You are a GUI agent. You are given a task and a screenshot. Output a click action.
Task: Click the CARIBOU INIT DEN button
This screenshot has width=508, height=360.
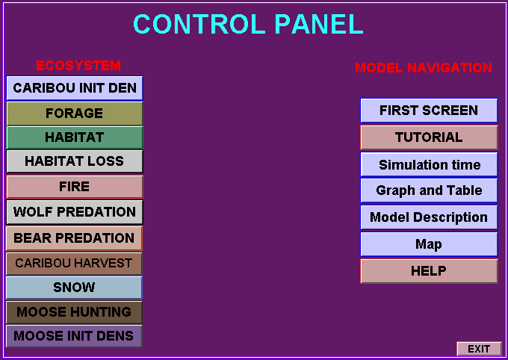tap(75, 88)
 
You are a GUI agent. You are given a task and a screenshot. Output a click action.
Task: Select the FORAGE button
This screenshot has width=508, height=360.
tap(75, 114)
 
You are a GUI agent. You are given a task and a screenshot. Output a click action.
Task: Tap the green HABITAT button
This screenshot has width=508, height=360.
tap(75, 137)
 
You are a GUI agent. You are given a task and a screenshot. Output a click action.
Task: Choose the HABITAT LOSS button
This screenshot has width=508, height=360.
tap(75, 161)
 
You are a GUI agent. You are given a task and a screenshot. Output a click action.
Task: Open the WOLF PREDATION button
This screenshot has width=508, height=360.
tap(75, 212)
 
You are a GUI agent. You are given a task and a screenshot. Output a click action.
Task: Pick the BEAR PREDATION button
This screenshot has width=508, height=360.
tap(74, 238)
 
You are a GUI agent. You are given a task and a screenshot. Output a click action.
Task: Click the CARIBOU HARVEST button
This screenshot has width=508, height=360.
tap(74, 264)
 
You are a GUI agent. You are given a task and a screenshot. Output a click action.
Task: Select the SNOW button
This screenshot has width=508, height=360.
tap(74, 288)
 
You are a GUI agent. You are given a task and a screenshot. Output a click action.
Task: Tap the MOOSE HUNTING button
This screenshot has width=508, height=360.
tap(74, 312)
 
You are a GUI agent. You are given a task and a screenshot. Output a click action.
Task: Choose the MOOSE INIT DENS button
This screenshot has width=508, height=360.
tap(74, 336)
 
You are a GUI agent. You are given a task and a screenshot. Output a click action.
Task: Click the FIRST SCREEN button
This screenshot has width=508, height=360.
tap(429, 111)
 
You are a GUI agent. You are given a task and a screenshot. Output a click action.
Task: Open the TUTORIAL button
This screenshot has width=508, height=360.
tap(429, 137)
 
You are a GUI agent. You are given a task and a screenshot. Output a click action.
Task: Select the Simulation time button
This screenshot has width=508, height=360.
tap(429, 164)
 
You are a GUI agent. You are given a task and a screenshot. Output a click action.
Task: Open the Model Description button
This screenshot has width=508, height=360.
tap(429, 217)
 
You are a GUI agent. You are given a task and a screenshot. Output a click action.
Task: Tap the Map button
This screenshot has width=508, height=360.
tap(429, 244)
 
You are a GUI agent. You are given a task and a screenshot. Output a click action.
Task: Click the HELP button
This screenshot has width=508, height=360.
tap(429, 271)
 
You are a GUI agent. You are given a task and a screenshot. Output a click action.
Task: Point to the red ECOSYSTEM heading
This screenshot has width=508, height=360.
tap(78, 66)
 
